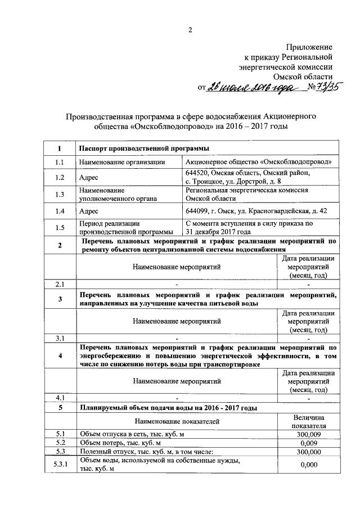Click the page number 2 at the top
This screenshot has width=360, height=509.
click(190, 30)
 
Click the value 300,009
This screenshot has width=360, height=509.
click(309, 434)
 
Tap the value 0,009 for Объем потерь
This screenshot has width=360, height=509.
click(309, 443)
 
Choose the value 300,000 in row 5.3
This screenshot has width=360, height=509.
click(309, 451)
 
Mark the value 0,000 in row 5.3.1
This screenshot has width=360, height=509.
click(309, 465)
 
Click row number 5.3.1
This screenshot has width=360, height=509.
click(60, 465)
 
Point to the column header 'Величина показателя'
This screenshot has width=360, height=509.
click(309, 421)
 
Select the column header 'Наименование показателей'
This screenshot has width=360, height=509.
click(177, 421)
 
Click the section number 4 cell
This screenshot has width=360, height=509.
click(60, 356)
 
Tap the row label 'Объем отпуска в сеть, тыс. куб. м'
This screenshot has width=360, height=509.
click(132, 434)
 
